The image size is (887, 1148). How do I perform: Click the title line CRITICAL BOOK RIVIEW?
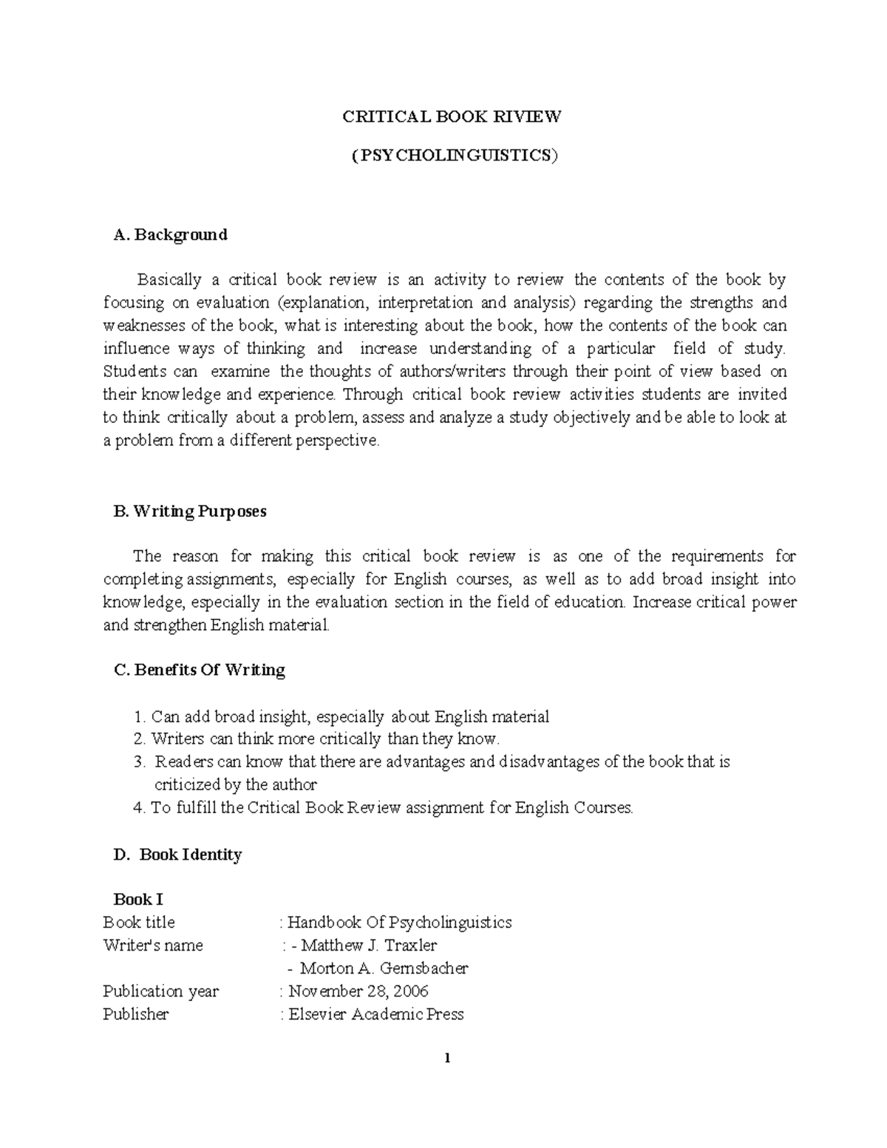(x=451, y=117)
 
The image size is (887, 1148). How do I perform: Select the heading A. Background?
(x=170, y=235)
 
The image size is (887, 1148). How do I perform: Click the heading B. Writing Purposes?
(x=190, y=512)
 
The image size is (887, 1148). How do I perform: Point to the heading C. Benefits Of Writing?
(x=199, y=670)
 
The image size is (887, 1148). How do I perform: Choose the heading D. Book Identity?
(x=177, y=855)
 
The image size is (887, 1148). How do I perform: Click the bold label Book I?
(x=137, y=900)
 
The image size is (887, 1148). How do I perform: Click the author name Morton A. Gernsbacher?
(x=384, y=968)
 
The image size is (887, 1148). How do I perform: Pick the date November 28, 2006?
(x=358, y=991)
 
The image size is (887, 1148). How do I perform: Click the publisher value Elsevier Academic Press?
(x=375, y=1014)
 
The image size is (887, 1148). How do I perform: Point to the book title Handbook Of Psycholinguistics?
(x=399, y=923)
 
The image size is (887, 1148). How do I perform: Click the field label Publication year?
(x=160, y=991)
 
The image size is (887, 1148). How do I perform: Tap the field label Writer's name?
(x=152, y=945)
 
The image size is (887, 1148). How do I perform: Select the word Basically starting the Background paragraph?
(x=169, y=280)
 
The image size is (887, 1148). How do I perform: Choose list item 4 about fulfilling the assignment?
(x=383, y=807)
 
